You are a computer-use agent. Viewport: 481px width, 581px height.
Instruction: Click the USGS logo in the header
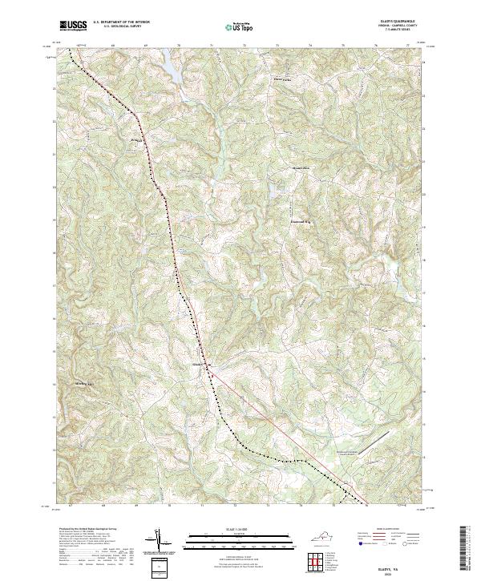pos(74,26)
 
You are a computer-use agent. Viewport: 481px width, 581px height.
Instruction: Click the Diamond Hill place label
pos(300,214)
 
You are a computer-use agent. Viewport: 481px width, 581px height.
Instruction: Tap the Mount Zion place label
pos(299,167)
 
